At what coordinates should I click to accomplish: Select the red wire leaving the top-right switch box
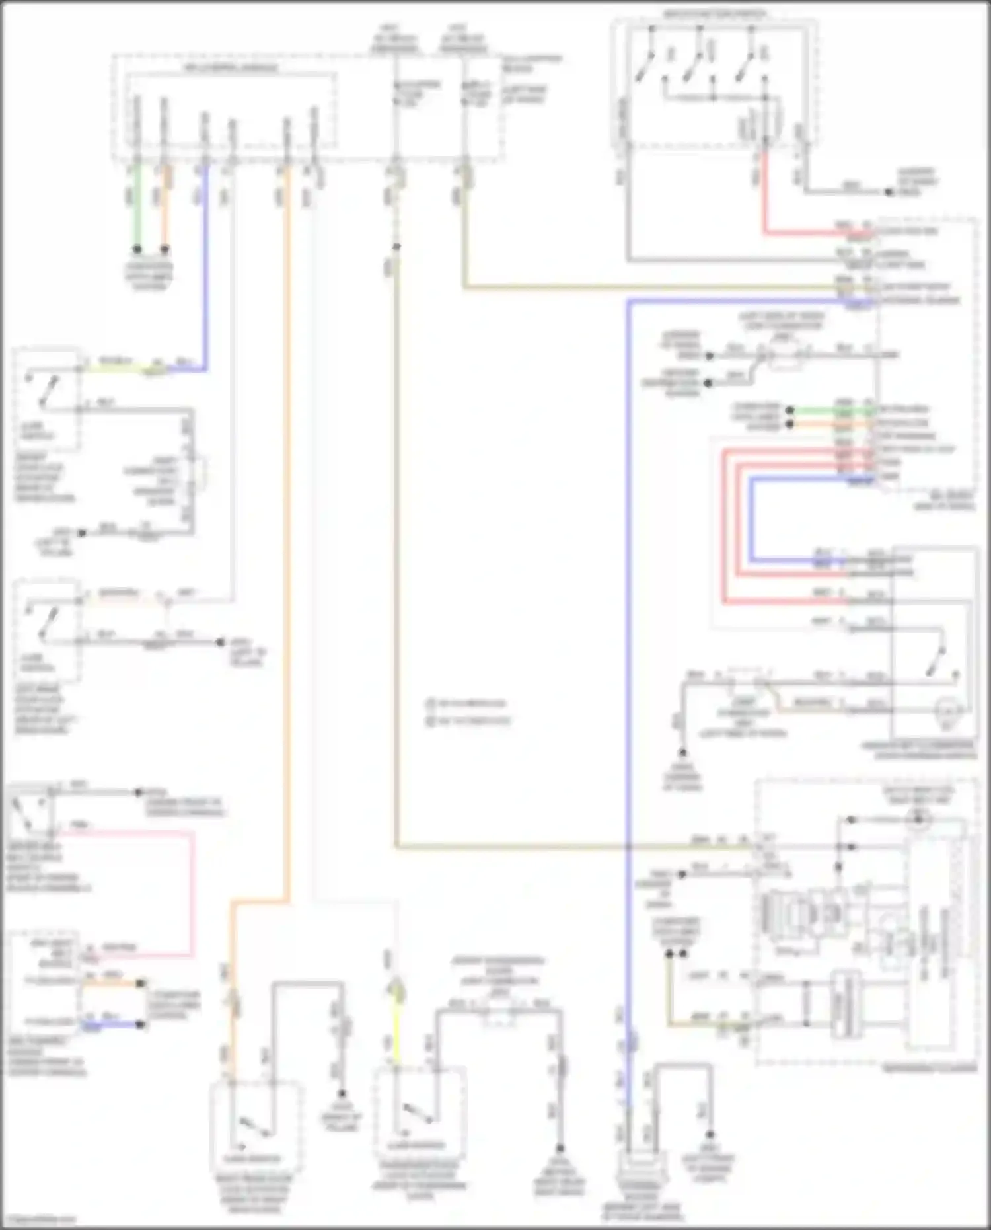tap(765, 198)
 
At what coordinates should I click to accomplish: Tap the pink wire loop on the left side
tap(193, 892)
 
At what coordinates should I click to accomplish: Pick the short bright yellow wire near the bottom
tap(396, 1031)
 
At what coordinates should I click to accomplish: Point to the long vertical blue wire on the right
tap(628, 595)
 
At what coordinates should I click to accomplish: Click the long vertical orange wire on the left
tap(287, 529)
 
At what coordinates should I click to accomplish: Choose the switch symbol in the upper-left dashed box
tap(45, 390)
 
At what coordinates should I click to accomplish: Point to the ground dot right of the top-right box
tap(889, 192)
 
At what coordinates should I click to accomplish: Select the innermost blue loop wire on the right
tap(752, 522)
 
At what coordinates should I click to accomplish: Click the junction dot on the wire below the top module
tap(396, 247)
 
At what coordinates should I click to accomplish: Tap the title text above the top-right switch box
tap(714, 13)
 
